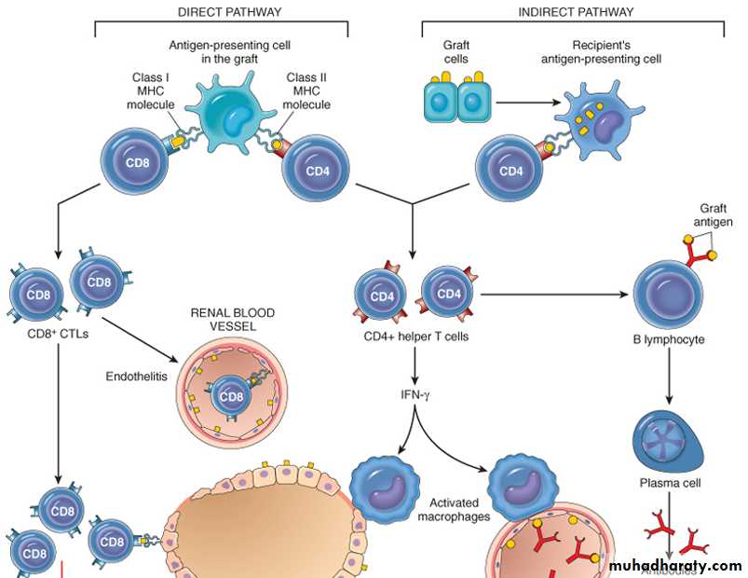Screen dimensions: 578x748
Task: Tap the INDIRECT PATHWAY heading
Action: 575,12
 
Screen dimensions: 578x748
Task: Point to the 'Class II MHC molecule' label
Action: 308,90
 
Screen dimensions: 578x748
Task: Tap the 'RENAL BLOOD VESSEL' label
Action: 233,321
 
